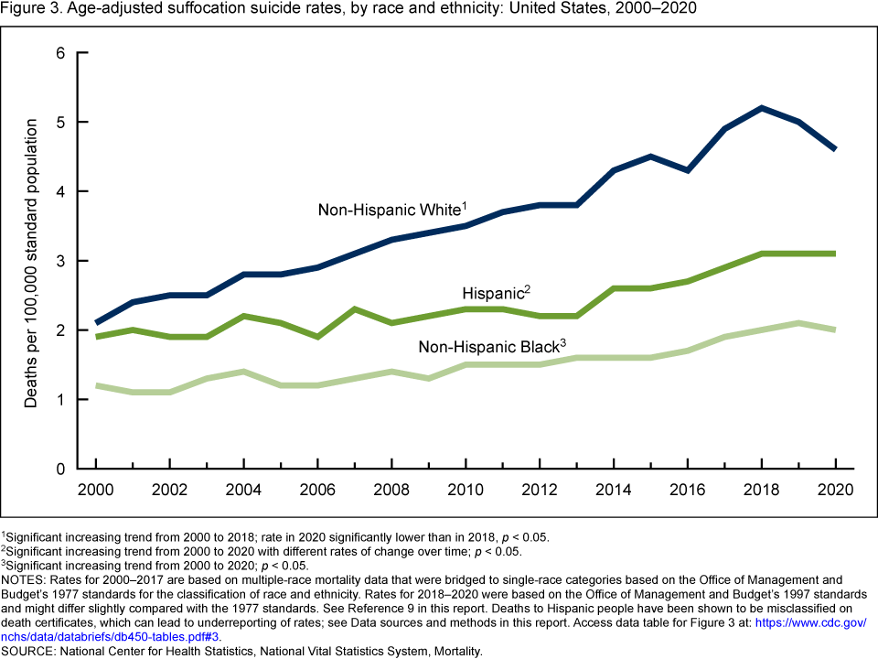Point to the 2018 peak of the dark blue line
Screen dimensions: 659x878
coord(761,108)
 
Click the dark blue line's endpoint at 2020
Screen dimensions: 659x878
coord(835,149)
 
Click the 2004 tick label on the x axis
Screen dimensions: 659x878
coord(242,488)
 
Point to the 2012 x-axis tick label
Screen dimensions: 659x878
coord(539,488)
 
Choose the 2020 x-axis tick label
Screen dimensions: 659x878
coord(835,488)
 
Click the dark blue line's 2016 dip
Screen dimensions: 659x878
coord(687,170)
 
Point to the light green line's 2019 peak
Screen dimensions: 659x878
coord(798,323)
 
